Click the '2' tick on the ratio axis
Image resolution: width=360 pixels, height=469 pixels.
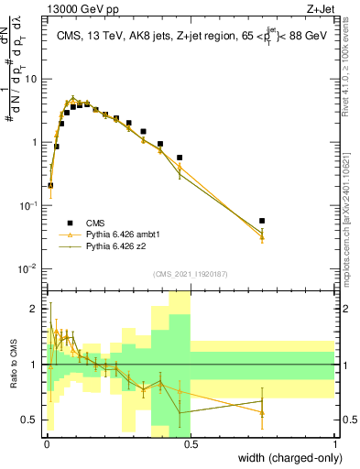click(36, 309)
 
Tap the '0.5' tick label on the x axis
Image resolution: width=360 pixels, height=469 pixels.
click(191, 443)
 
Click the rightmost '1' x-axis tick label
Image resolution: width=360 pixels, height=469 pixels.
click(335, 443)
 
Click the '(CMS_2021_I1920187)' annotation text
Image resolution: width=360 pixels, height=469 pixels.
click(191, 274)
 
